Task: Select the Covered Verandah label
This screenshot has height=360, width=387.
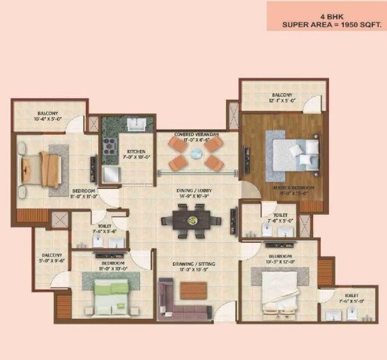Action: pyautogui.click(x=196, y=136)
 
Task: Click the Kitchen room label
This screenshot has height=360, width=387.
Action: pyautogui.click(x=135, y=154)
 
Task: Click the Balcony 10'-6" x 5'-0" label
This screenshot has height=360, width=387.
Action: pyautogui.click(x=48, y=116)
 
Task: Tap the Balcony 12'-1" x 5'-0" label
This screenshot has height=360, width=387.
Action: pyautogui.click(x=282, y=98)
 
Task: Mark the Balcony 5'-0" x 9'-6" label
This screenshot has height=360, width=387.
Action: pyautogui.click(x=51, y=258)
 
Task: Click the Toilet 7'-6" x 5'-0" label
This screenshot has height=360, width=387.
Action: pyautogui.click(x=351, y=299)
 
